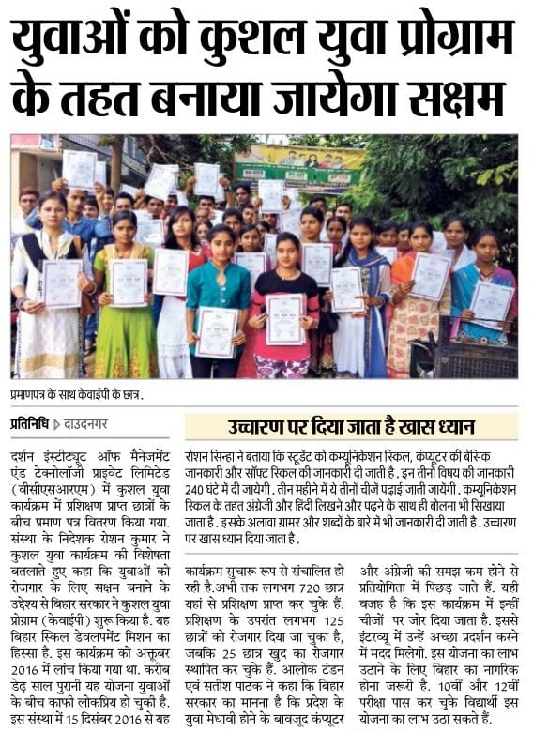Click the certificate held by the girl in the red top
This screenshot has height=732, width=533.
[x=285, y=319]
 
